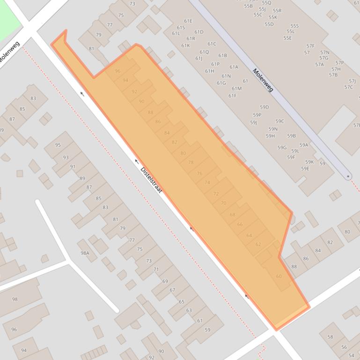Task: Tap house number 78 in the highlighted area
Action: (x=191, y=163)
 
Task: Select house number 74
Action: (x=207, y=182)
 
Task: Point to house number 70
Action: (x=223, y=203)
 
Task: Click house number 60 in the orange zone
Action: (x=279, y=276)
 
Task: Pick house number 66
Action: (x=240, y=224)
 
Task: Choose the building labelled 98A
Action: (x=85, y=253)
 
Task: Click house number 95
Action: (x=58, y=145)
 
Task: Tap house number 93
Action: (x=66, y=158)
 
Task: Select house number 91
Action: (x=73, y=166)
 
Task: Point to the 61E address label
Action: (x=188, y=21)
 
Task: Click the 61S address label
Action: (x=181, y=28)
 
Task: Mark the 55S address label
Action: (x=294, y=26)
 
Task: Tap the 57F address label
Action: (x=310, y=46)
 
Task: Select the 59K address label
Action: (x=309, y=162)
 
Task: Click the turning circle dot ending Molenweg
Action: (x=348, y=177)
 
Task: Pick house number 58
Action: (x=330, y=337)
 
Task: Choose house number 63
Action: (x=189, y=310)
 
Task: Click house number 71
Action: (x=156, y=269)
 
